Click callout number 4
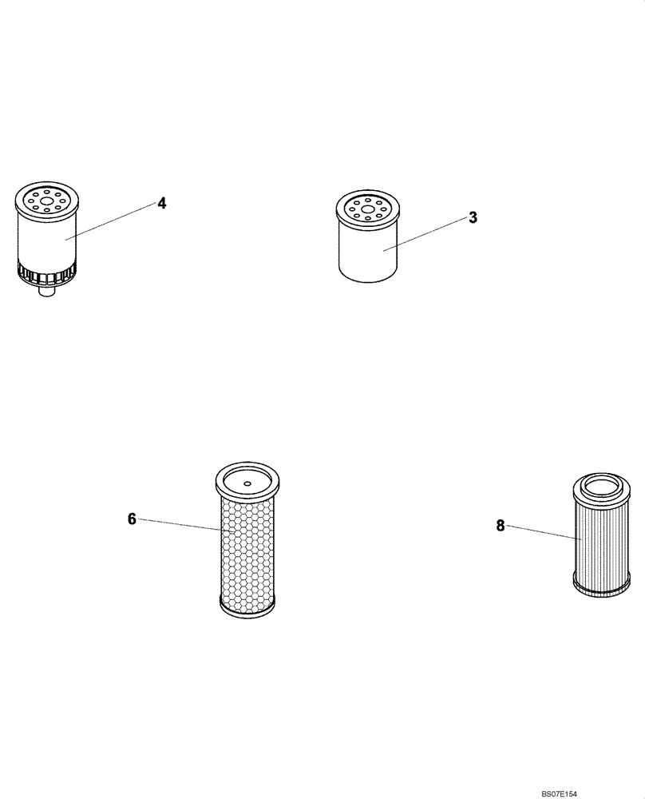(x=162, y=203)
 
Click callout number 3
(x=473, y=217)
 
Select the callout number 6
(x=132, y=519)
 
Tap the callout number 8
(x=501, y=525)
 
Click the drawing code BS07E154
(x=570, y=793)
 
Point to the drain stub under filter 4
(x=46, y=292)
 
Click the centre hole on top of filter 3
(x=367, y=212)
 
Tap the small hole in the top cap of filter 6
(x=247, y=483)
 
